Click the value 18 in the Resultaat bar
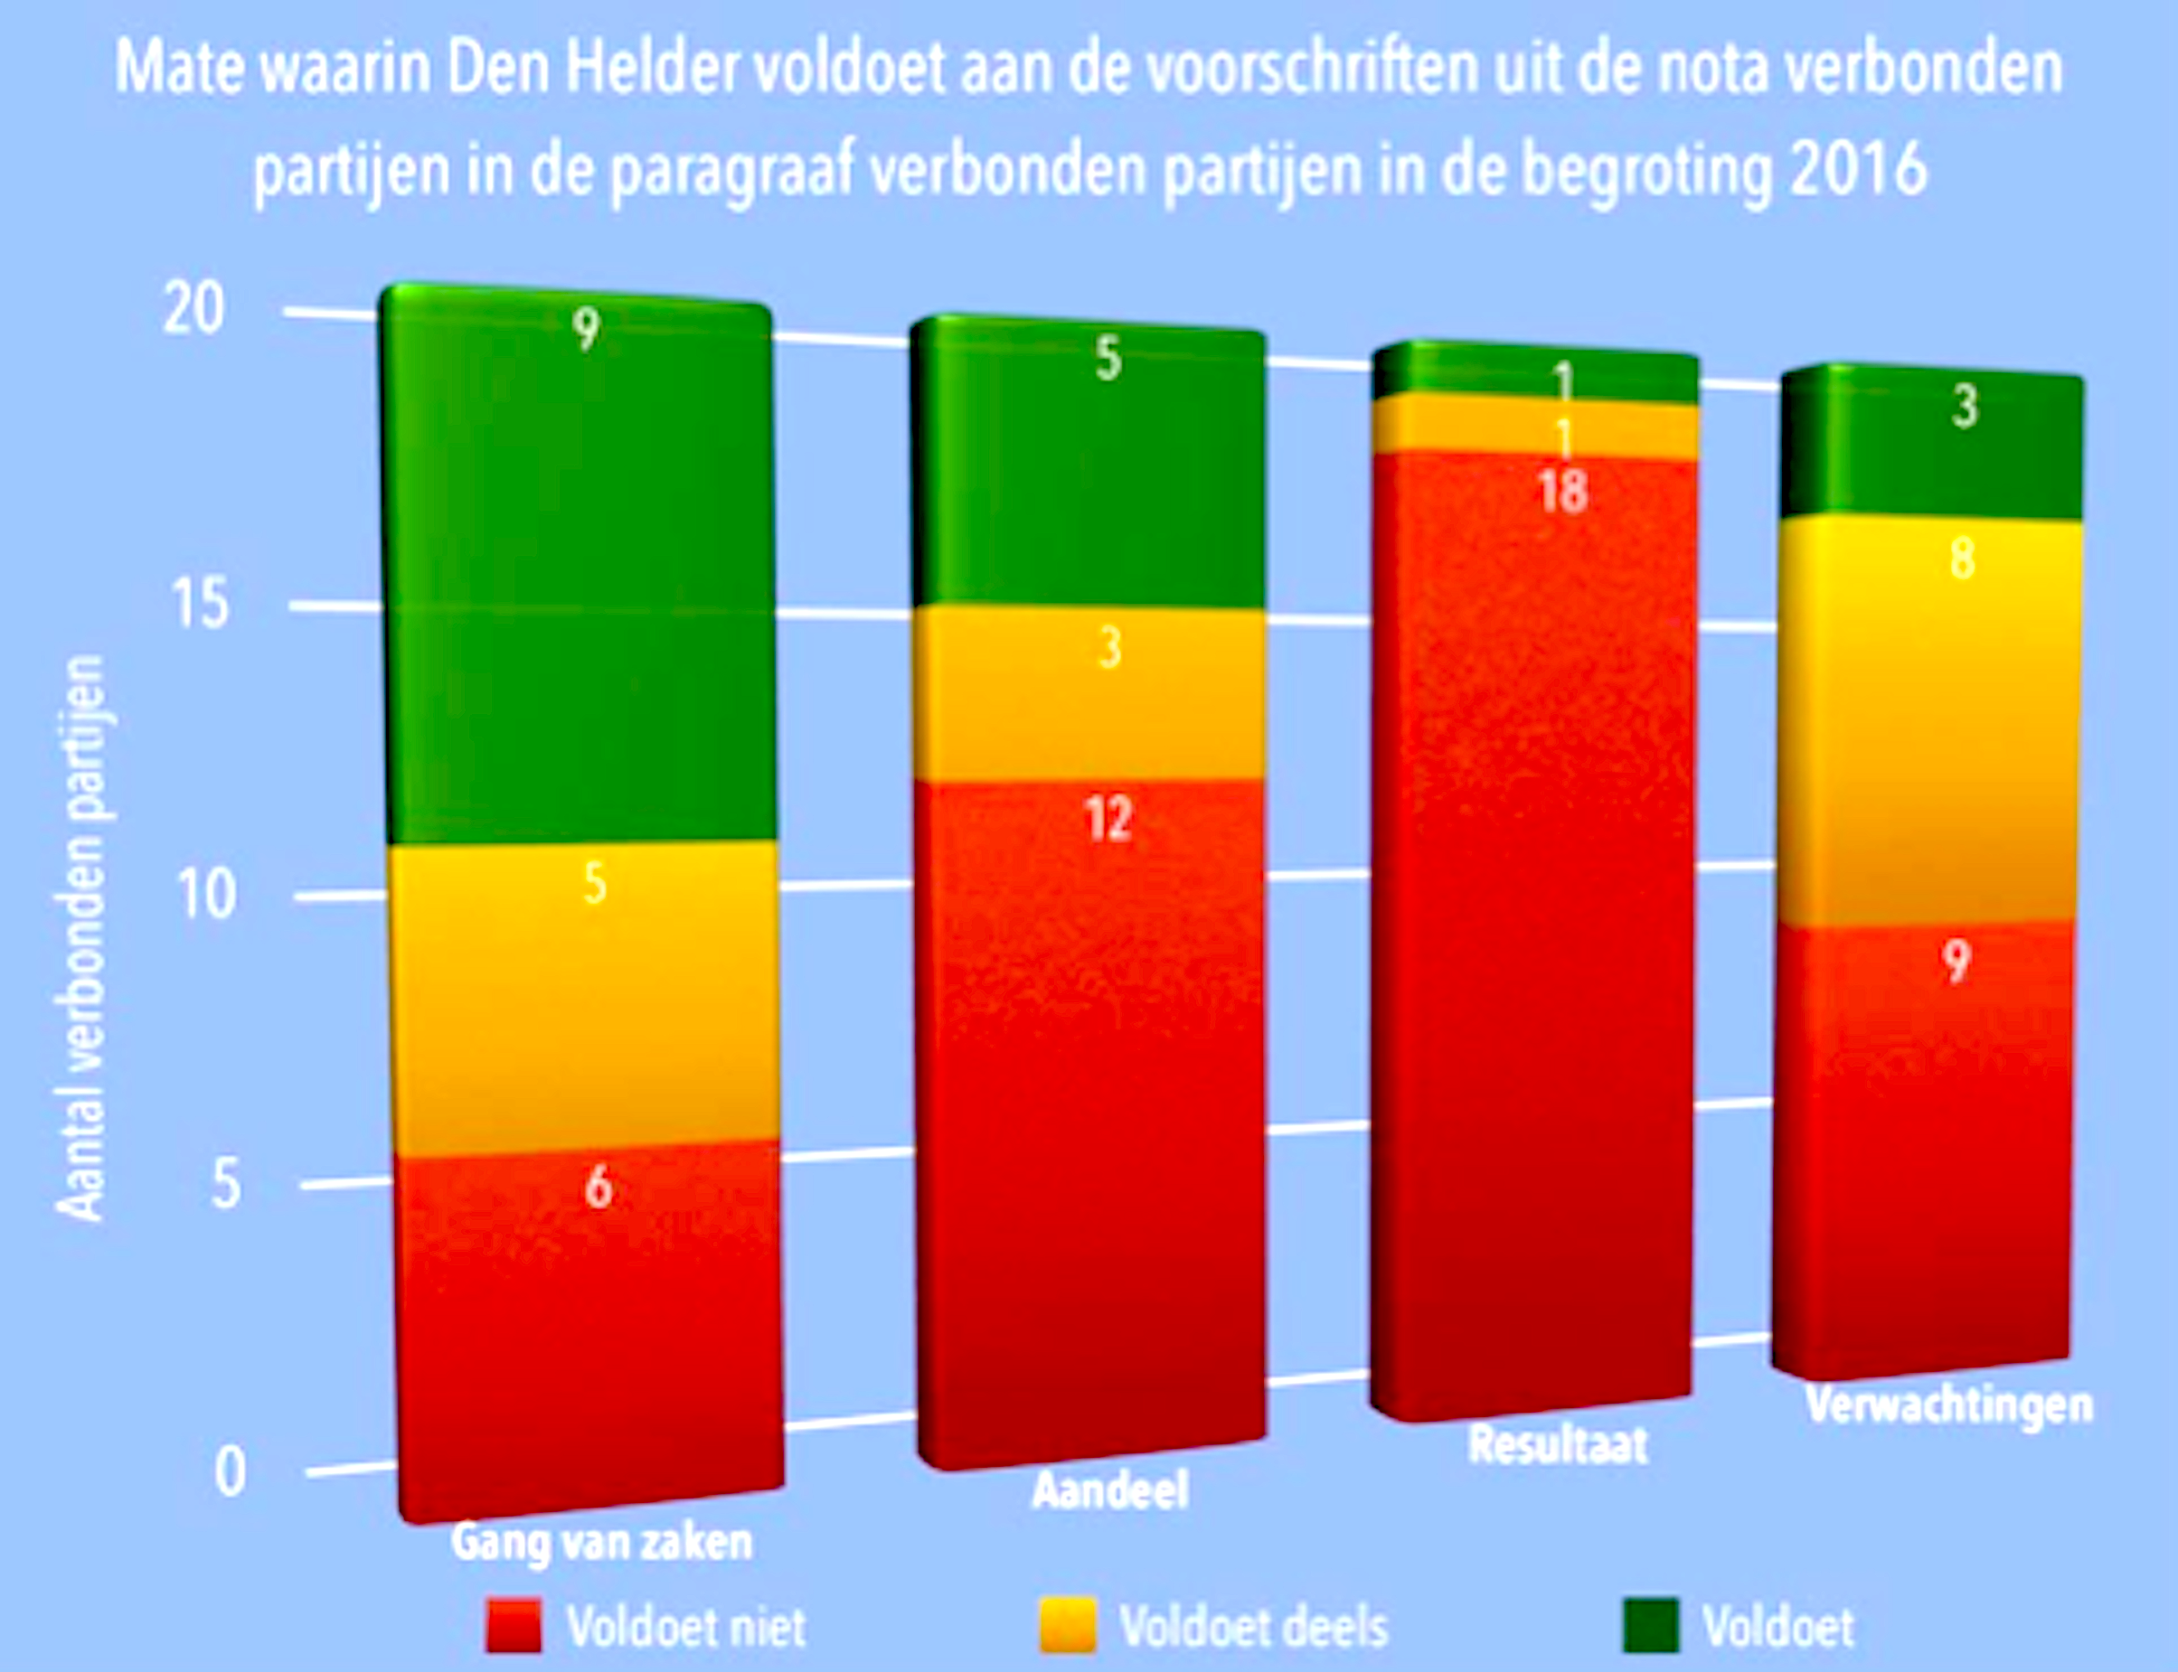click(x=1563, y=492)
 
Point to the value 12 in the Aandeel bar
click(x=1108, y=820)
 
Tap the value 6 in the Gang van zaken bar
click(x=598, y=1187)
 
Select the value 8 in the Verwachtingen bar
click(x=1962, y=559)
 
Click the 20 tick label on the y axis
click(x=193, y=309)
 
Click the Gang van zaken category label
click(x=601, y=1542)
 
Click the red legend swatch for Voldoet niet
click(x=514, y=1625)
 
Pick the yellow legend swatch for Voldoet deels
click(x=1067, y=1625)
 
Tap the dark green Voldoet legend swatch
click(x=1650, y=1625)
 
